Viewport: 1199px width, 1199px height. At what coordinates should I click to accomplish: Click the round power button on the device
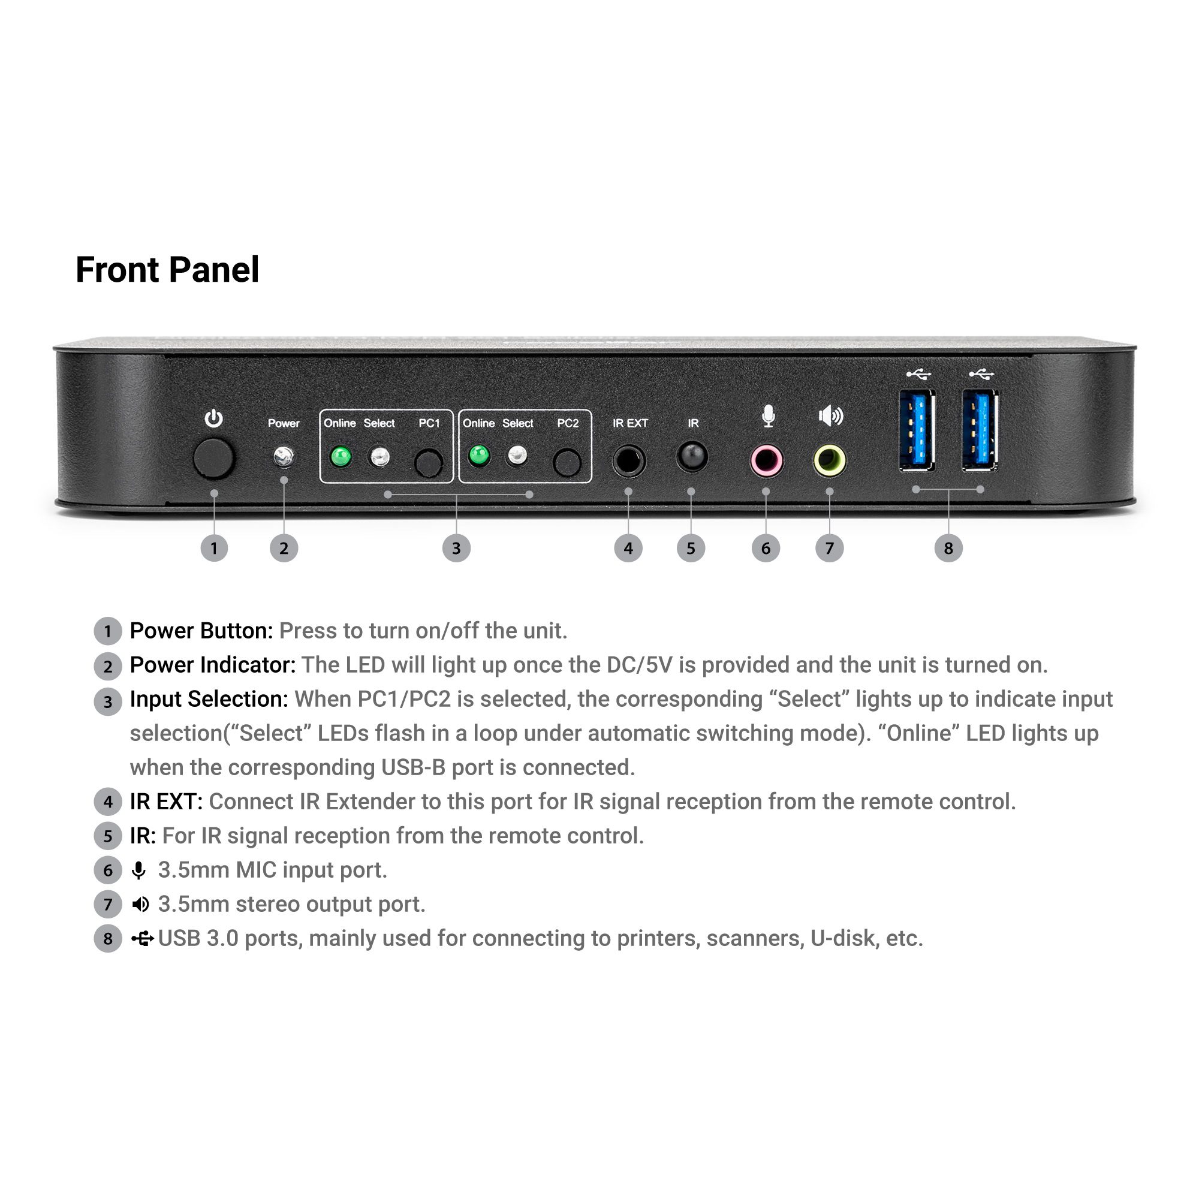(x=213, y=459)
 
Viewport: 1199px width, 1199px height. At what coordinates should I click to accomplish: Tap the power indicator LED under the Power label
(x=284, y=457)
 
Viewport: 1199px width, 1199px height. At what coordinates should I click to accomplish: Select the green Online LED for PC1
(x=341, y=457)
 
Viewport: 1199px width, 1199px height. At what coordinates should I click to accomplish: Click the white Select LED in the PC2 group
(x=517, y=456)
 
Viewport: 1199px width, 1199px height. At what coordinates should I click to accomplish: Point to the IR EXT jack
(x=629, y=461)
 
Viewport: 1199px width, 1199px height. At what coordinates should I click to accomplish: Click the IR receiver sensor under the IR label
(x=691, y=457)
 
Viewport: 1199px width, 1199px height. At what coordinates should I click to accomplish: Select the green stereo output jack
(x=830, y=461)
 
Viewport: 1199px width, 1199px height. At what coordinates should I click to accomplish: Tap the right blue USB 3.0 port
(x=981, y=430)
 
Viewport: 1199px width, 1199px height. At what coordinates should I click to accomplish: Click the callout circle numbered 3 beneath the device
(x=456, y=548)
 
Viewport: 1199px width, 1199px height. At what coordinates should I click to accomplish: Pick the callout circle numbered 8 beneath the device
(x=948, y=548)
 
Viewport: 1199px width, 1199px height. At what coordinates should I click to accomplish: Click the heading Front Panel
(x=167, y=269)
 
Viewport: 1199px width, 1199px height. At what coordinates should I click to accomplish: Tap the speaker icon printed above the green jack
(x=831, y=415)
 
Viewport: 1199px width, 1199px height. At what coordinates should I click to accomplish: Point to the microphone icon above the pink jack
(x=769, y=416)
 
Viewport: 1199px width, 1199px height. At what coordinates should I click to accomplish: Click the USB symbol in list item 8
(x=142, y=939)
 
